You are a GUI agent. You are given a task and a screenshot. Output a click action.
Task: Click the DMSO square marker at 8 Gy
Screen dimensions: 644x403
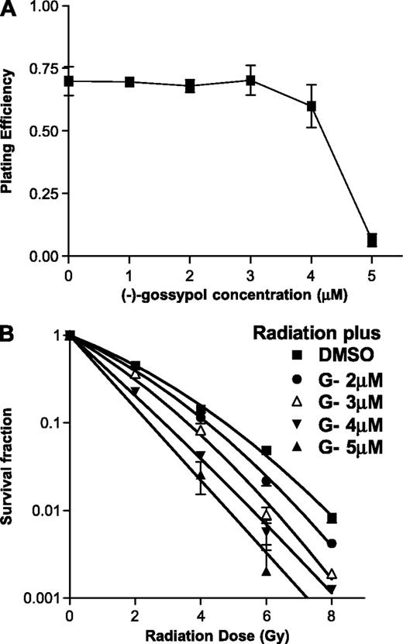tap(332, 518)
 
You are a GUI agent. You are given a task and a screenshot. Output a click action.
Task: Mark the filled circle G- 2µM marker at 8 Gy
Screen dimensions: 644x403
tap(332, 543)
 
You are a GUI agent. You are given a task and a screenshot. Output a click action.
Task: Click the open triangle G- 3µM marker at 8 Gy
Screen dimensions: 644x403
tap(332, 573)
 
